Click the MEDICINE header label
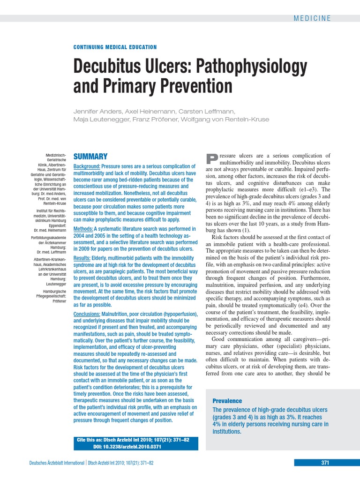pos(312,18)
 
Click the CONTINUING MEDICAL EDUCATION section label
pos(115,47)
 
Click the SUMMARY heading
pos(90,157)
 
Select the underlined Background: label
pos(87,166)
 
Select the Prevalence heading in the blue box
pos(227,401)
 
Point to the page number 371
pos(325,463)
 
